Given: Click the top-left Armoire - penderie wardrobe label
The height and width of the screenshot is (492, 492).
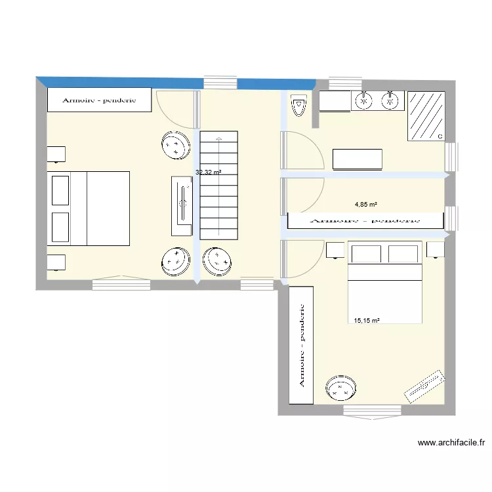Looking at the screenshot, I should pos(99,100).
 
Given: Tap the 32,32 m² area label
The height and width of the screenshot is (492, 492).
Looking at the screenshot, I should pos(208,173).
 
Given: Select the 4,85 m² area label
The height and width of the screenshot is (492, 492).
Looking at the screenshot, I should pos(365,204).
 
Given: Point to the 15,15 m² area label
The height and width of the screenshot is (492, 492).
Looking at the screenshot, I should pos(367,321).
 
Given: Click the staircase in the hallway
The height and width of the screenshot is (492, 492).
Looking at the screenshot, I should pos(218,186).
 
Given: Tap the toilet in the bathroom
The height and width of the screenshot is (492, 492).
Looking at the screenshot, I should pos(299,107).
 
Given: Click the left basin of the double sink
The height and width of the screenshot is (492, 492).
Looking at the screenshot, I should pos(363,100).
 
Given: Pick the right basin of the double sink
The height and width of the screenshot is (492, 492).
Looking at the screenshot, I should pos(390,100).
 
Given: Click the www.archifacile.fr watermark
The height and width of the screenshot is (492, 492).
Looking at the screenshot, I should pos(451,443).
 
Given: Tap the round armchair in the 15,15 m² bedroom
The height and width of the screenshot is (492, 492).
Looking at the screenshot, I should pos(342,388).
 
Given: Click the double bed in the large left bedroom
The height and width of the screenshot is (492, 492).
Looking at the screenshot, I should pos(88,208).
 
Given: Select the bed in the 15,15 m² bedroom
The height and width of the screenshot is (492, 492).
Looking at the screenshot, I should pos(384,283).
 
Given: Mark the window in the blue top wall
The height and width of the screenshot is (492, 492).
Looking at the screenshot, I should pos(220,82).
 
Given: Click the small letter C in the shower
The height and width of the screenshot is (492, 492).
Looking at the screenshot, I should pos(440,136).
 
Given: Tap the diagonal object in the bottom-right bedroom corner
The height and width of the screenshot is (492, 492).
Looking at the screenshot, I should pos(425,387).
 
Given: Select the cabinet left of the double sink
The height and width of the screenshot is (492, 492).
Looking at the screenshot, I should pos(335,101).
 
